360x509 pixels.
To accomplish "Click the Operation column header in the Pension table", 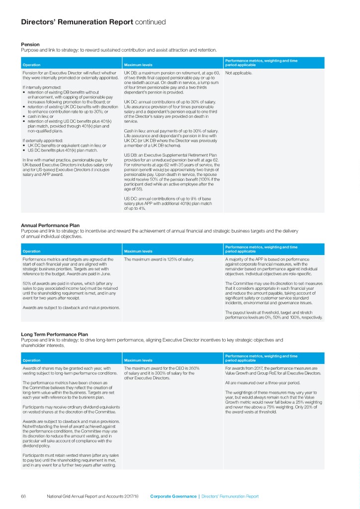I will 32,65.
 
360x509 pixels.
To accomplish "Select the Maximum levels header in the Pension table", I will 138,65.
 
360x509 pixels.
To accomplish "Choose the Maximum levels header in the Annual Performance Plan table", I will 138,251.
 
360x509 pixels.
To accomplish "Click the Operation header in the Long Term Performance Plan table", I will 32,360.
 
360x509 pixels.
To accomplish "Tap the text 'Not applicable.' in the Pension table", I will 239,73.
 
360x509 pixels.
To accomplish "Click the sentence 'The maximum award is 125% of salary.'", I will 158,259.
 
